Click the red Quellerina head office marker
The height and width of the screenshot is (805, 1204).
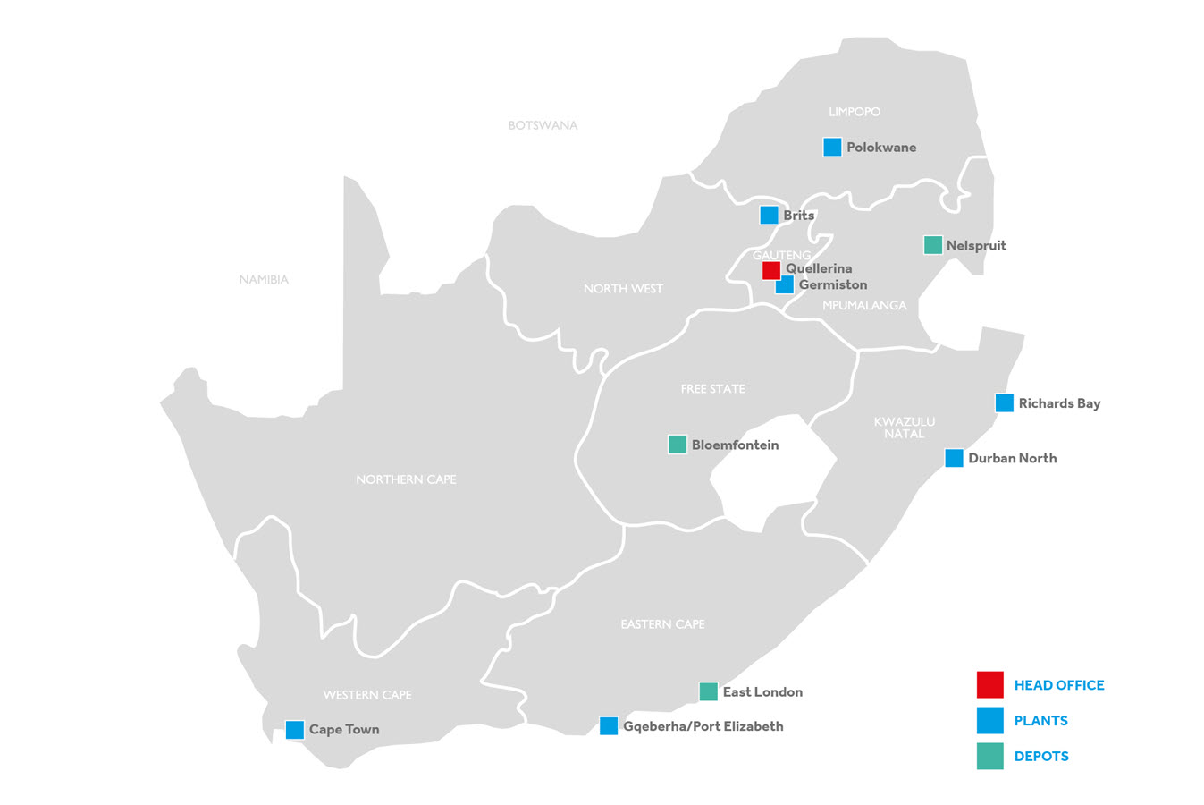click(x=770, y=270)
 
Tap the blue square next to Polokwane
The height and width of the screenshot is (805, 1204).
click(x=832, y=148)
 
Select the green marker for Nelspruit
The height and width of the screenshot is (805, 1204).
click(x=932, y=245)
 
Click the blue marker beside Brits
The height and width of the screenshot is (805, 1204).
click(x=769, y=216)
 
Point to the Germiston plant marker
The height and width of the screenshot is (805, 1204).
click(x=785, y=285)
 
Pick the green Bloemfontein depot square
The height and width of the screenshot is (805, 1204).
click(x=678, y=445)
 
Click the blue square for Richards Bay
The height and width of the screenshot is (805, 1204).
click(x=1005, y=403)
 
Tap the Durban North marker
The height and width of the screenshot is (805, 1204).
click(x=955, y=458)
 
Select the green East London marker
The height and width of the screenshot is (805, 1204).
click(x=708, y=691)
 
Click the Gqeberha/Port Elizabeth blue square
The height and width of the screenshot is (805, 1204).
click(x=609, y=726)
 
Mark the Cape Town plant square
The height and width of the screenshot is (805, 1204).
click(x=295, y=730)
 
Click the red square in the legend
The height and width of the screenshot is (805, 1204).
click(x=990, y=685)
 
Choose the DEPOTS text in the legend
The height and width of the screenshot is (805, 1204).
click(x=1041, y=757)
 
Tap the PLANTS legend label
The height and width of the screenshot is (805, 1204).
click(x=1040, y=721)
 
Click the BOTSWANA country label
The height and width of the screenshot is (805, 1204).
click(x=543, y=125)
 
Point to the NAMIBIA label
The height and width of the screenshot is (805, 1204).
click(x=264, y=280)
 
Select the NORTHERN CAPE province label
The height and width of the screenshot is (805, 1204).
click(x=406, y=479)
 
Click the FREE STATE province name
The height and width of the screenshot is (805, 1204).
click(x=712, y=389)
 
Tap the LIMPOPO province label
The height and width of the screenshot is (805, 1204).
click(x=855, y=112)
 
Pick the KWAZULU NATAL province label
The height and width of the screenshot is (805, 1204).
click(x=905, y=428)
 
